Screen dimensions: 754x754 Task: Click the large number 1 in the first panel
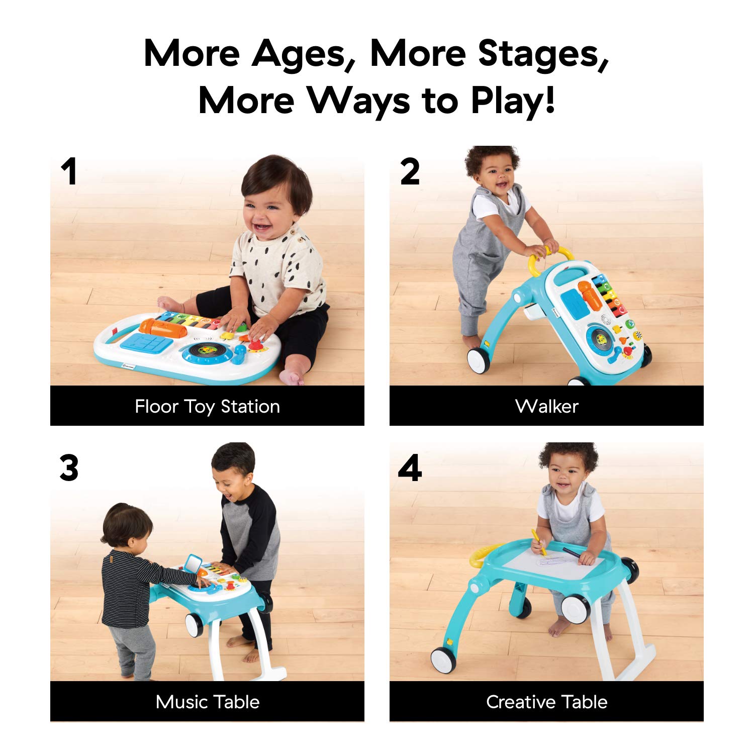(69, 171)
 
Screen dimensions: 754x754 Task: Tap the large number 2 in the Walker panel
(410, 171)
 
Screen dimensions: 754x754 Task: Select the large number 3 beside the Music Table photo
(69, 468)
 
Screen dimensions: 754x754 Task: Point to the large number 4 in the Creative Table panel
(410, 468)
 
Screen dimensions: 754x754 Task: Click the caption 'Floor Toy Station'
(207, 406)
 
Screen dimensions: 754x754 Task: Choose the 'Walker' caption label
(547, 406)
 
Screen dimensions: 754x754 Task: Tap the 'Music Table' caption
(207, 702)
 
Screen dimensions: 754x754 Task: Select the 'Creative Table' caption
(547, 702)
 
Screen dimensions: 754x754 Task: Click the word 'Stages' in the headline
(543, 54)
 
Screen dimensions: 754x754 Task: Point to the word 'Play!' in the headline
(513, 101)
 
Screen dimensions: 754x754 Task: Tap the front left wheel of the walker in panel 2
(479, 360)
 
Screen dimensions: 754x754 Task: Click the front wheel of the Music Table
(194, 625)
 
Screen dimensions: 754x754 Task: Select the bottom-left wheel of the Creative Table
(443, 659)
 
